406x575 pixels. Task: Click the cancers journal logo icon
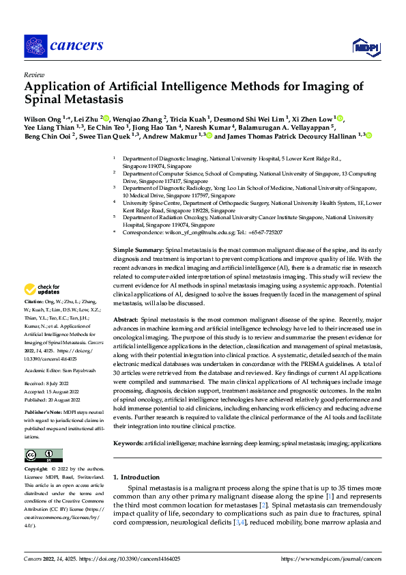click(x=36, y=46)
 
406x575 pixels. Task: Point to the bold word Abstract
click(x=126, y=320)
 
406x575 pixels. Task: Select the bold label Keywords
click(x=128, y=443)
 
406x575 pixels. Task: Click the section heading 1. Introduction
click(x=136, y=477)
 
